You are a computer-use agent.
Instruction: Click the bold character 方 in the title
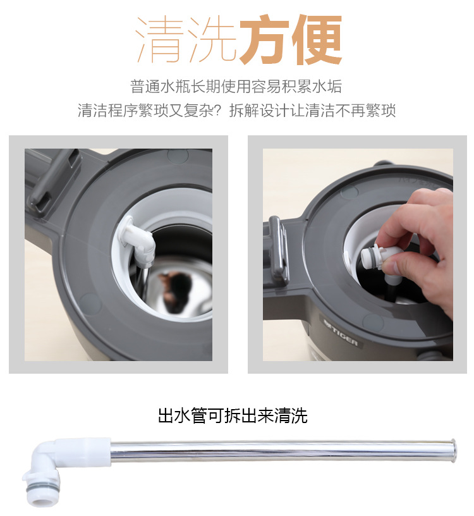(264, 40)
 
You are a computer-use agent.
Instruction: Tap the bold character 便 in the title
(317, 40)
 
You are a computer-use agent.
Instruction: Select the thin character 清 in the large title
(160, 40)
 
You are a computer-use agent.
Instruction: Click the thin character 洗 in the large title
(212, 40)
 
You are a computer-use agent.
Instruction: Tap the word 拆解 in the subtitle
(244, 110)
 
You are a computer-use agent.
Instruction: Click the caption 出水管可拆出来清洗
(233, 415)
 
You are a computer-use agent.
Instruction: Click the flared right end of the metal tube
(453, 451)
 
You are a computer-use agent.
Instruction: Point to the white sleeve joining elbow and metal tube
(85, 452)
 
